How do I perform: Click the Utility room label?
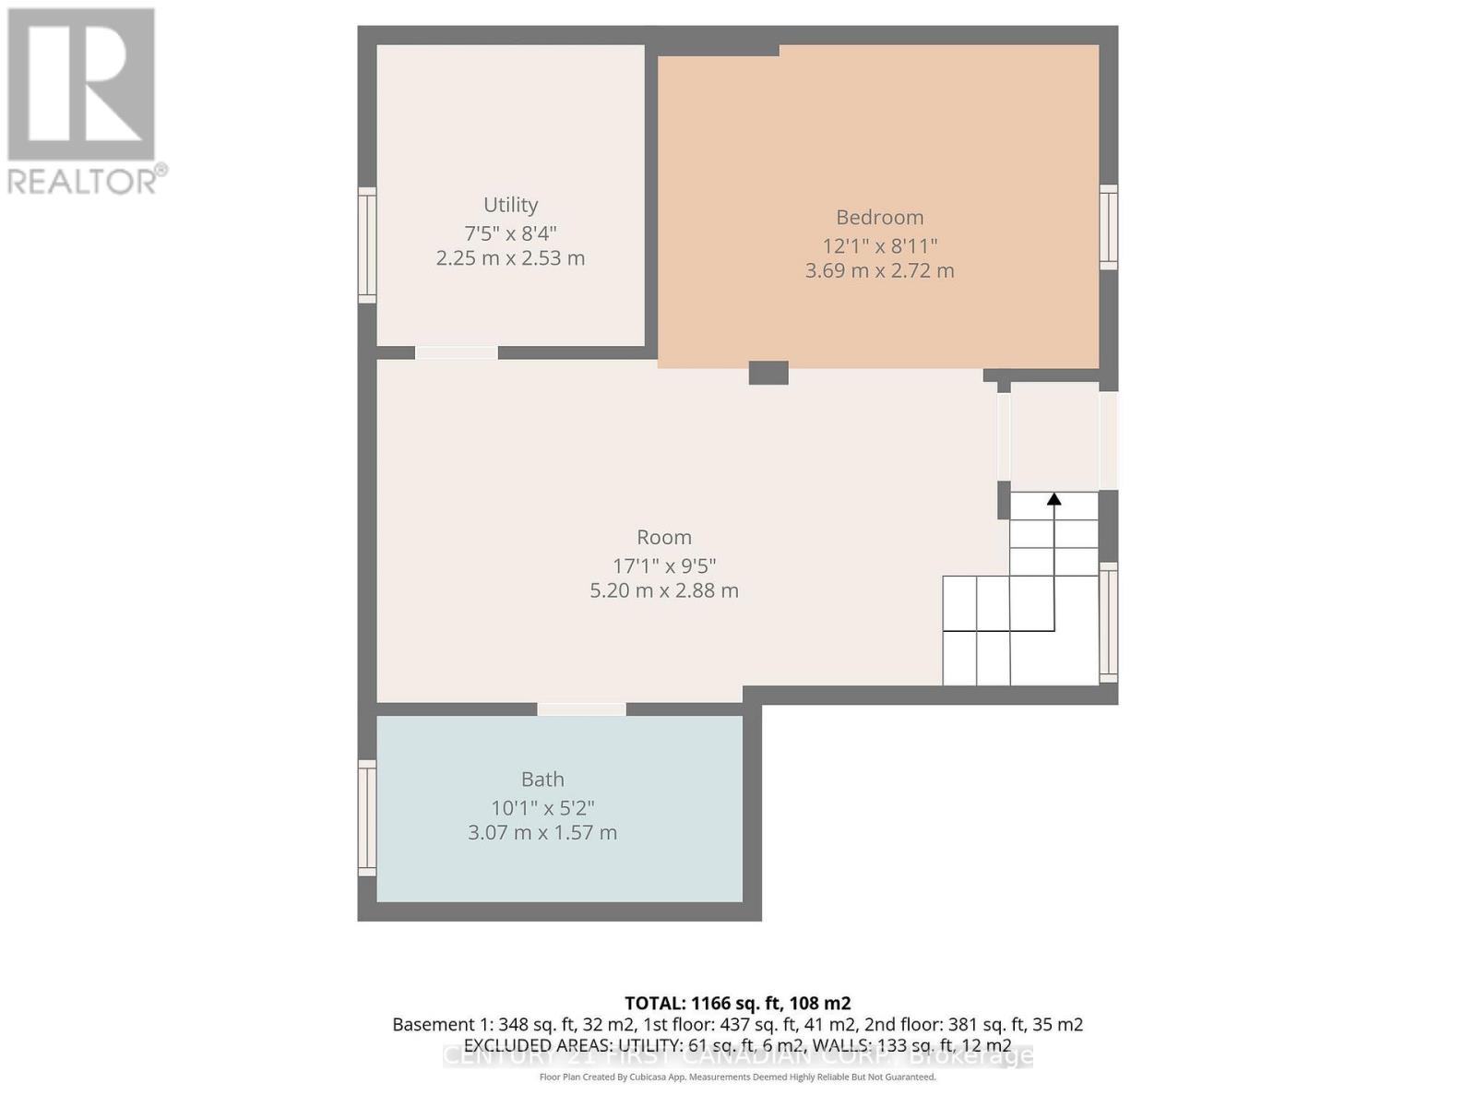click(510, 205)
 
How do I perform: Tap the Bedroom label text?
click(879, 218)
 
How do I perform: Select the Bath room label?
click(542, 780)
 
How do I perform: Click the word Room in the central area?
click(663, 538)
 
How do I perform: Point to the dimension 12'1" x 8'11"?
click(879, 246)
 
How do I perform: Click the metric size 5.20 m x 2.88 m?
click(663, 590)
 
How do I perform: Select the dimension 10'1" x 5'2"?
click(542, 808)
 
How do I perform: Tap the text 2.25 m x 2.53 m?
click(510, 258)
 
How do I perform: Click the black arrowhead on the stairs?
click(1053, 499)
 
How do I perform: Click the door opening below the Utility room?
click(456, 352)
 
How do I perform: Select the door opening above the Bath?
click(581, 709)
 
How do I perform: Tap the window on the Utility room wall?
click(367, 245)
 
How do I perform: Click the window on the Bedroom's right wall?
click(1109, 227)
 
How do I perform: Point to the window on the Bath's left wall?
click(367, 817)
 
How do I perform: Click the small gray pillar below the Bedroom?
click(768, 373)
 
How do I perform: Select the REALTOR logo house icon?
click(81, 85)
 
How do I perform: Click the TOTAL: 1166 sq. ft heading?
click(737, 1004)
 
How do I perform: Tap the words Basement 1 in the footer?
click(433, 1025)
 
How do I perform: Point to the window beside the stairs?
click(1109, 623)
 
